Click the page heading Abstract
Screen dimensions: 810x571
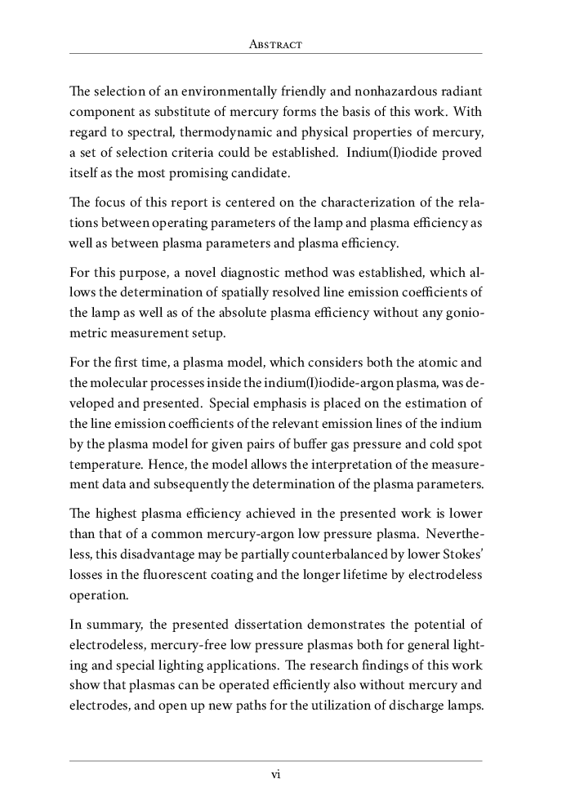(x=275, y=45)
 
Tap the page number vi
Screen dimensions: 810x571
(x=275, y=775)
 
